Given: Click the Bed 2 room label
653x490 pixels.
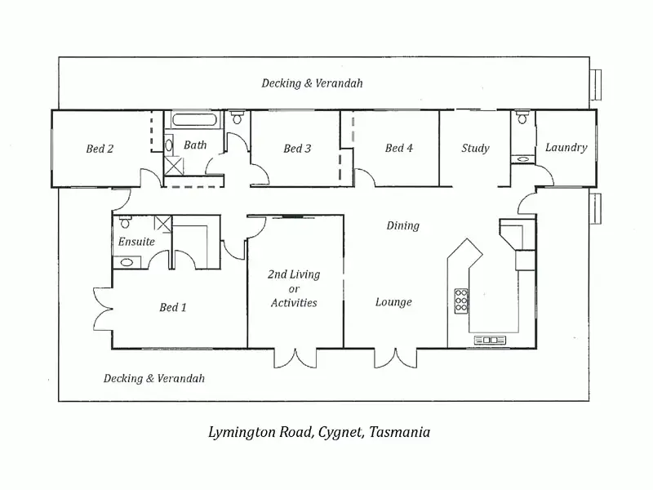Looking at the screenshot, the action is coord(100,149).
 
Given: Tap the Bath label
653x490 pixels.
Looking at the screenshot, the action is coord(195,145).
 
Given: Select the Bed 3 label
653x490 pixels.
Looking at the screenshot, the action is coord(297,149).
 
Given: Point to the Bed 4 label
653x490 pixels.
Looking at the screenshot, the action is coord(399,149).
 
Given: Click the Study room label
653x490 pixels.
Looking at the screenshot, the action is coord(475,149).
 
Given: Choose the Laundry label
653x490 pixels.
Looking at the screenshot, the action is coord(566,148).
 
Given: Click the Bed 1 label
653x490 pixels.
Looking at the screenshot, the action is coord(173,308).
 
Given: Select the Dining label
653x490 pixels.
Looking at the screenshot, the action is coord(402,225).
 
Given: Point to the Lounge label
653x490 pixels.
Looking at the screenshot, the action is coord(393,302).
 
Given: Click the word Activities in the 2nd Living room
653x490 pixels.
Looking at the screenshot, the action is coord(294,303).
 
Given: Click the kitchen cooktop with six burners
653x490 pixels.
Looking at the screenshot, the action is coord(461,301).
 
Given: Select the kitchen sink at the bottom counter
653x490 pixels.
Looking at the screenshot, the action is coord(490,340).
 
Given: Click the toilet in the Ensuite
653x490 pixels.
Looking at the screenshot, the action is coord(126,223).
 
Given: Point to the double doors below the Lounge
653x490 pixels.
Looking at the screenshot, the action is coord(395,358).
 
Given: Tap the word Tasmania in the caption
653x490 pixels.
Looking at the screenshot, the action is coord(399,432).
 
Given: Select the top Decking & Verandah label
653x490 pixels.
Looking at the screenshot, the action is coord(312,83).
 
